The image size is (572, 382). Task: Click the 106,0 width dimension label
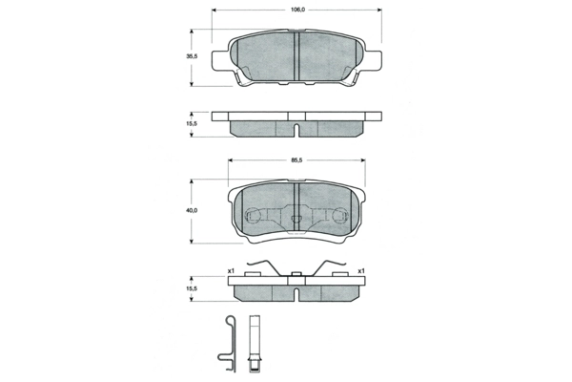(x=297, y=10)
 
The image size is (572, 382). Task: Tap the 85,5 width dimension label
(x=296, y=159)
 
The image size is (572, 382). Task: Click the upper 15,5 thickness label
(x=192, y=123)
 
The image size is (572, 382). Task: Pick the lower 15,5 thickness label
(x=192, y=288)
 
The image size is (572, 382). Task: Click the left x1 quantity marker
(x=231, y=271)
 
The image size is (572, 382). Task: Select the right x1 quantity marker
(x=361, y=271)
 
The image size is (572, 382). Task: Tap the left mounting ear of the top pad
(x=220, y=60)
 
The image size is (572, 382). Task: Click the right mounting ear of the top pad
(x=373, y=60)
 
